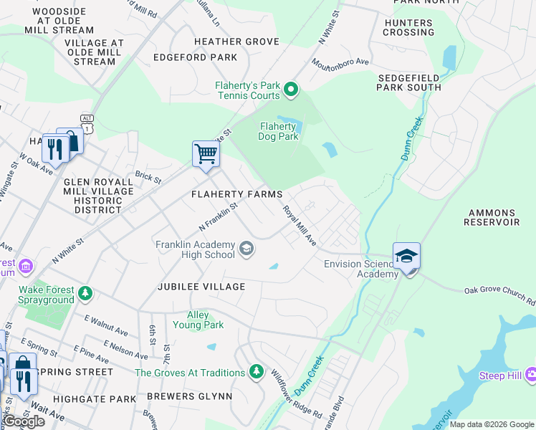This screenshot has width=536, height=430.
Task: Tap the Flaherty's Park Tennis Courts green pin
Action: click(x=290, y=90)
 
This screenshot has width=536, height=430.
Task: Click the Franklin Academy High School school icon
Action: click(x=247, y=249)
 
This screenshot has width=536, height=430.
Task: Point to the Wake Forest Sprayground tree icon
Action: click(x=85, y=293)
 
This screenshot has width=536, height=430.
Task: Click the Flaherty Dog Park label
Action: click(x=278, y=132)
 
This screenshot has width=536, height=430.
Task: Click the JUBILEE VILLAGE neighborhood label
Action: click(x=201, y=287)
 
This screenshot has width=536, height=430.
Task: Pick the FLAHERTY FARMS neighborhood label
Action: click(x=236, y=195)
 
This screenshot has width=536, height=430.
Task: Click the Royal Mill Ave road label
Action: click(x=300, y=225)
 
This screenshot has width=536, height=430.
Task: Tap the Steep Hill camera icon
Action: click(x=531, y=374)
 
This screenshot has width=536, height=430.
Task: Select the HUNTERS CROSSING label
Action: click(x=408, y=27)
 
